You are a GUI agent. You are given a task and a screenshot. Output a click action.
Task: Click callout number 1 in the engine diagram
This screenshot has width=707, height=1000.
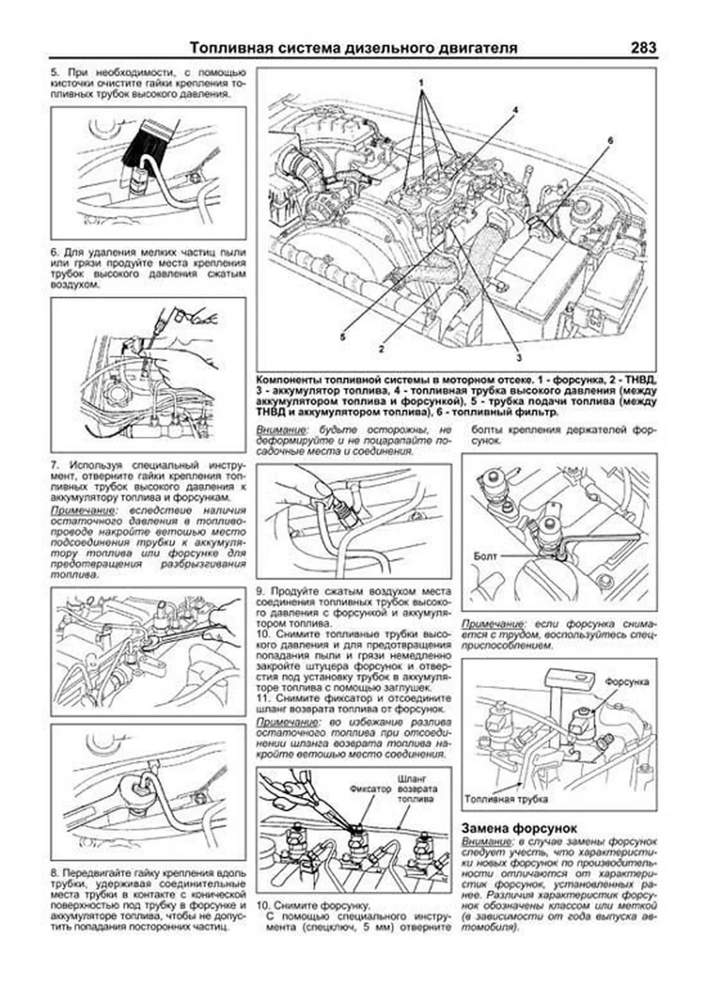(x=422, y=82)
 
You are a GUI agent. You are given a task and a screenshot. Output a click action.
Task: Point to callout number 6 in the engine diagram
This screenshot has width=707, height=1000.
(x=610, y=140)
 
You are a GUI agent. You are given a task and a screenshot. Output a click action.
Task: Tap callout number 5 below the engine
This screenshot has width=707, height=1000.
(x=342, y=336)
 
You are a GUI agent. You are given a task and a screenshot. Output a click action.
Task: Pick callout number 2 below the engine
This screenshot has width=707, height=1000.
(x=382, y=348)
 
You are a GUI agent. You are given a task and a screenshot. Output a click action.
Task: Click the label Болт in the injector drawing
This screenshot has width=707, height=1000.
(x=485, y=556)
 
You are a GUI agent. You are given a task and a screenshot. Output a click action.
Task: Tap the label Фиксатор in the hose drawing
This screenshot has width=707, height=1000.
(x=370, y=788)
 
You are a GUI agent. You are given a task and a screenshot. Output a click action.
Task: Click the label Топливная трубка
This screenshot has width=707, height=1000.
(x=506, y=800)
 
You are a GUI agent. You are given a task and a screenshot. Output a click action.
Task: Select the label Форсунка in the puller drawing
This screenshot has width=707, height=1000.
(x=627, y=682)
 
